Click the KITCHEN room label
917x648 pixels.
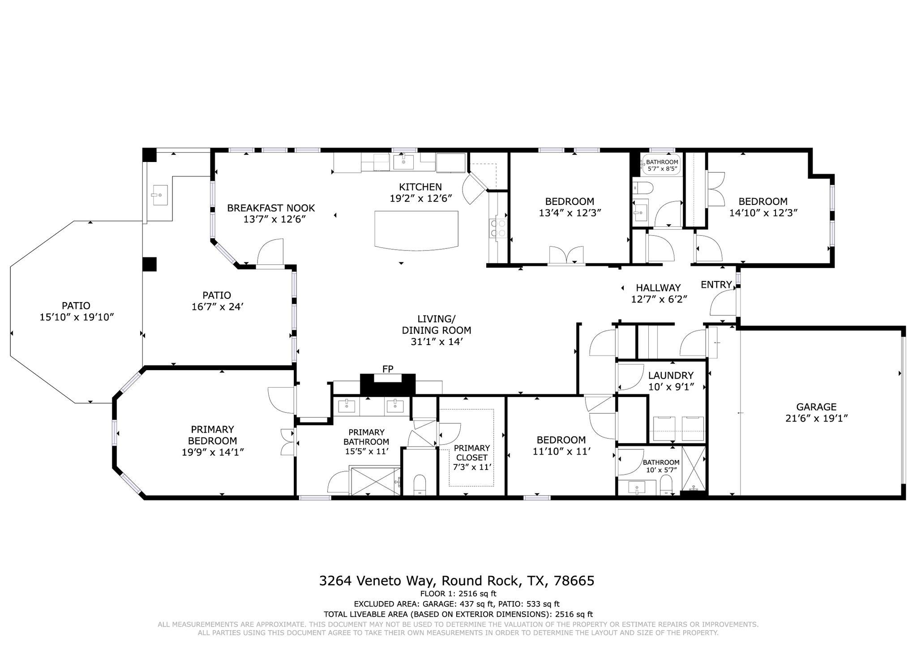tap(420, 187)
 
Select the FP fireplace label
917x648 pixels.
tap(388, 369)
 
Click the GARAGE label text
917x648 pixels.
tap(816, 407)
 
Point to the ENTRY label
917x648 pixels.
tap(716, 285)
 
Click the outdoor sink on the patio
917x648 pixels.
tap(160, 195)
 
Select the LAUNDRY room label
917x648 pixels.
tap(671, 375)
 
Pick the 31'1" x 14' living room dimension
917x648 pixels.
tap(436, 342)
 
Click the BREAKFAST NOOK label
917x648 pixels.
tap(271, 208)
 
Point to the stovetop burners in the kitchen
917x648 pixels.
tap(499, 228)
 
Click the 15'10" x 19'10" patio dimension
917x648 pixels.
tap(77, 317)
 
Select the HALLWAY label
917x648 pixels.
tap(658, 288)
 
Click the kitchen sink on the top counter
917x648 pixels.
tap(403, 162)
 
